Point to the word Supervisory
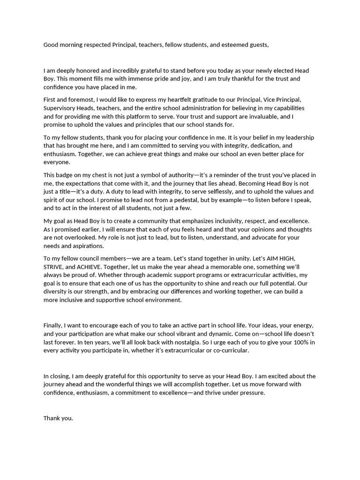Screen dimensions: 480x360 click(61, 108)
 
